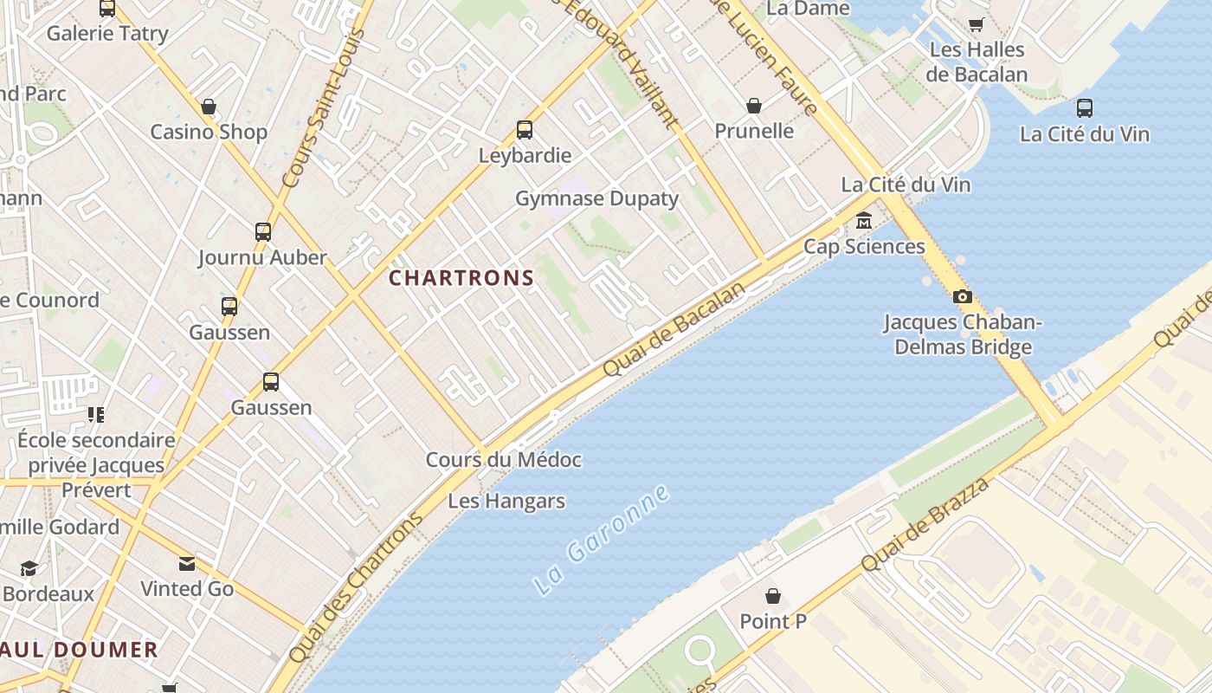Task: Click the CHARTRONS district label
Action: (x=461, y=278)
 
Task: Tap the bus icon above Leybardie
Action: (x=525, y=130)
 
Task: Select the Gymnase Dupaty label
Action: (x=597, y=198)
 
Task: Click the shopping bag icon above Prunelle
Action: (x=754, y=106)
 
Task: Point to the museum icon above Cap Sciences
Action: (x=864, y=221)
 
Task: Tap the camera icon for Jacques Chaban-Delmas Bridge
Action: (x=962, y=297)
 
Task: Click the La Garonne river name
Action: (x=603, y=541)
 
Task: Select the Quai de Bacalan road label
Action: (x=674, y=329)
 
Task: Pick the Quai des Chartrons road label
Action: (x=357, y=587)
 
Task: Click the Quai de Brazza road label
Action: (x=926, y=523)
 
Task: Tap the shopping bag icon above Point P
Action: (x=773, y=596)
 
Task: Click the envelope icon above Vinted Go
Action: (x=187, y=564)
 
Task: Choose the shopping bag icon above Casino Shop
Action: (x=209, y=107)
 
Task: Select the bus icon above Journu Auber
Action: (x=263, y=232)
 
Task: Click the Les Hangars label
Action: (x=506, y=501)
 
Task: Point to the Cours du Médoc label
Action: (x=503, y=459)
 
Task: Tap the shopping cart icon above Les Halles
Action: (x=977, y=24)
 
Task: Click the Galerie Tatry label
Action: (x=107, y=34)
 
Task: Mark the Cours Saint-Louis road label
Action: (x=323, y=108)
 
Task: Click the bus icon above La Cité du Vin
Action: (x=1085, y=108)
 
